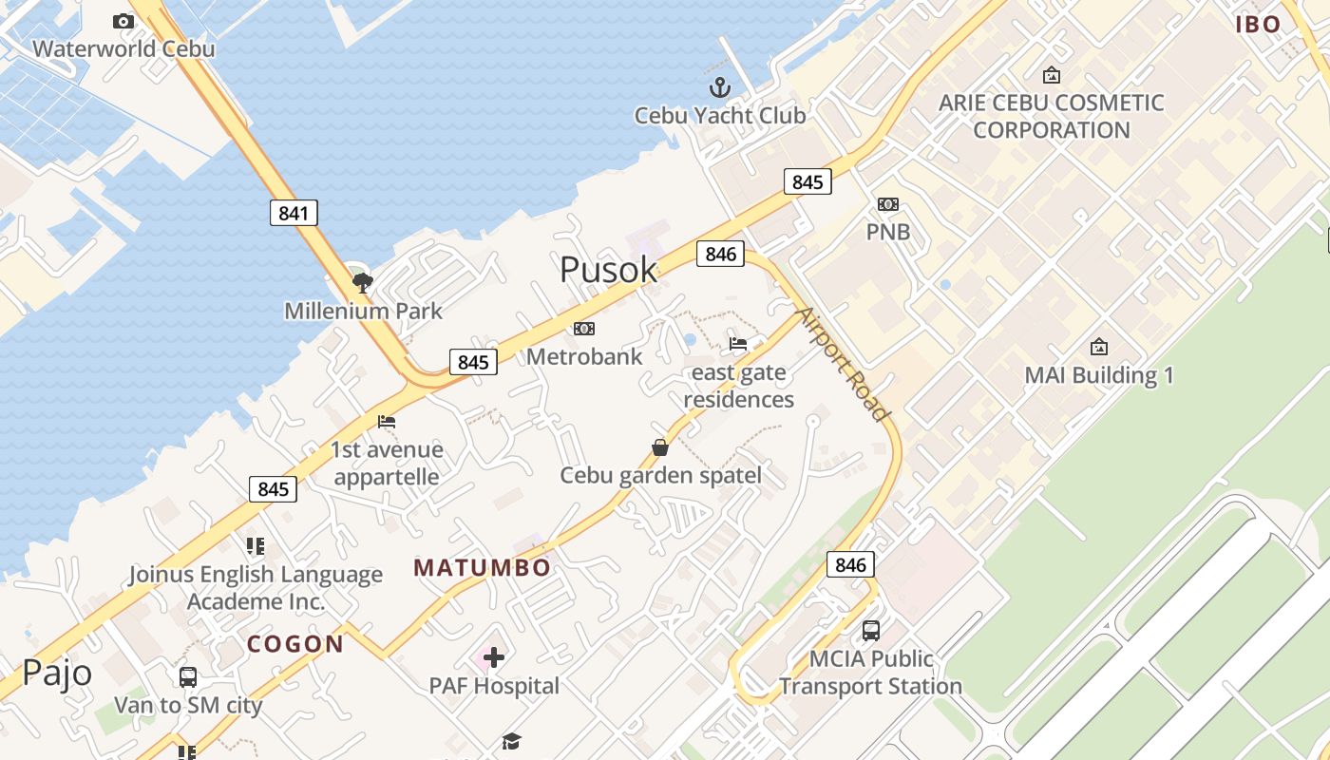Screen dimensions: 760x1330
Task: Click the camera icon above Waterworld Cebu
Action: (123, 21)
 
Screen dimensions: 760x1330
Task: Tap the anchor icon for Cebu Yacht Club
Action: (720, 88)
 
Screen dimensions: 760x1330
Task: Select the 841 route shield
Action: (294, 213)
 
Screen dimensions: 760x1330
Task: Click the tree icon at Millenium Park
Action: (362, 281)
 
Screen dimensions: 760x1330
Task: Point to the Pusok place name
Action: (608, 270)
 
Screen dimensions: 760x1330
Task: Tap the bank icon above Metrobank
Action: (584, 329)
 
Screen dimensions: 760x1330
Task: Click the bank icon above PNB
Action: (888, 204)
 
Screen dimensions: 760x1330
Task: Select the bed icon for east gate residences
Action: (738, 344)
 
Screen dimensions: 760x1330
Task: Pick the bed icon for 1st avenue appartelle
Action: (386, 422)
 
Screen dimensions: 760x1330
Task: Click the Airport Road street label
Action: (844, 364)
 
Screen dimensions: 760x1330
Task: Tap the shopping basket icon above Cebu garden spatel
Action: (660, 446)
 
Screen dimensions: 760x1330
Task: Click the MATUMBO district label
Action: (482, 568)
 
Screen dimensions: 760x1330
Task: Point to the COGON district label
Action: (295, 644)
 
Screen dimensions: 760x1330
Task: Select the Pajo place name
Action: (57, 673)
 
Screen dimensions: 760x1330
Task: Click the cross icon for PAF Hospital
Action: (493, 656)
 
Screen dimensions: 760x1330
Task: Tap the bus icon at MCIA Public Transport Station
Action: (870, 630)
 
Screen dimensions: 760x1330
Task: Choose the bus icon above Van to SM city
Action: (188, 677)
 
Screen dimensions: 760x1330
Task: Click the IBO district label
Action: (1259, 25)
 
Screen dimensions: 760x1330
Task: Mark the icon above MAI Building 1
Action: (1099, 347)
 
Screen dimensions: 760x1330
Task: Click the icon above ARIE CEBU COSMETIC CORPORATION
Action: (1052, 74)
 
